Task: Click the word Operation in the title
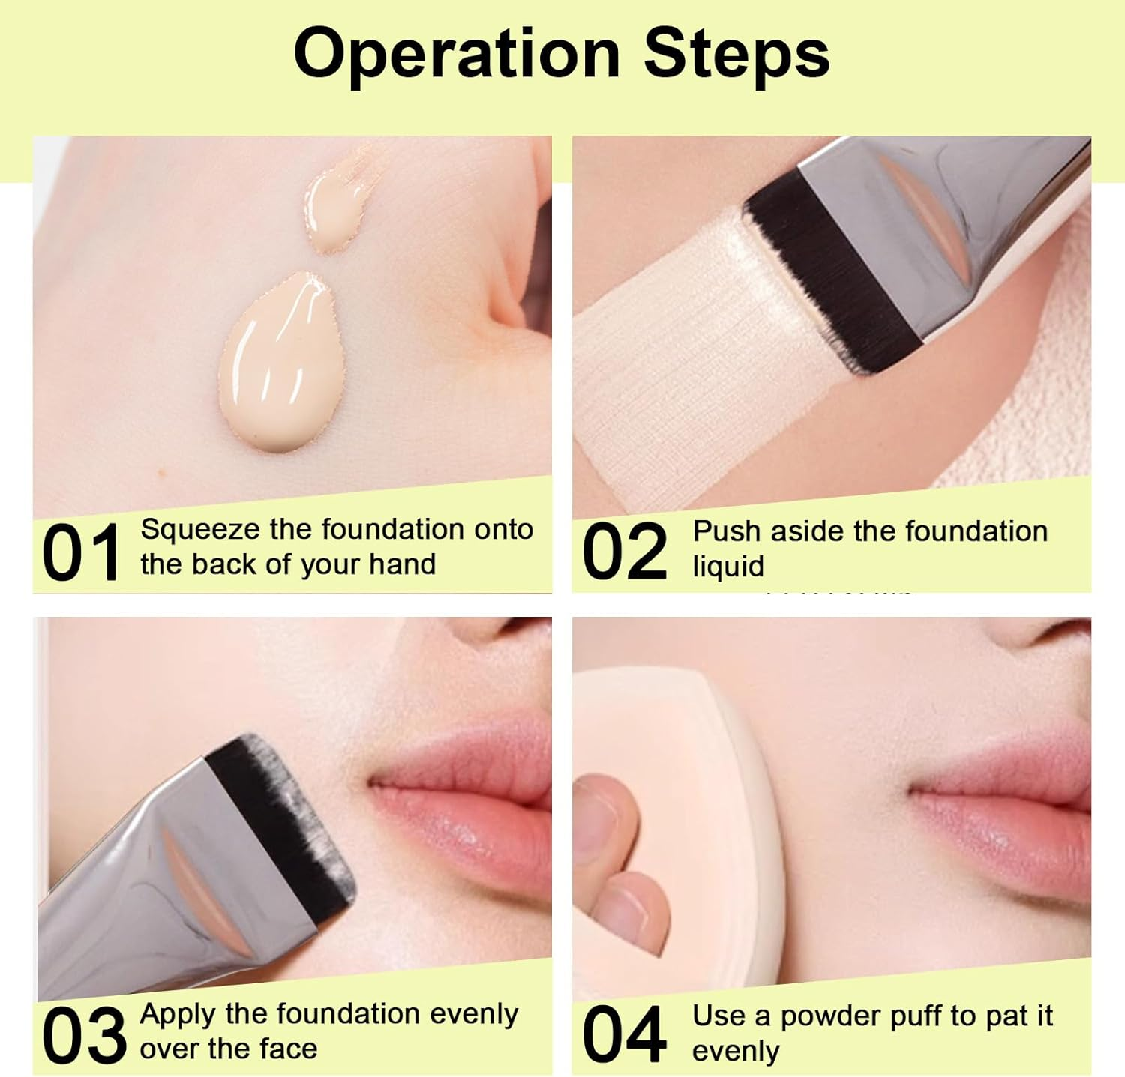457,54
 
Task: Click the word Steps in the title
736,54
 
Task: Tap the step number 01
80,553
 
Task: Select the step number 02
624,553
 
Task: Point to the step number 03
83,1036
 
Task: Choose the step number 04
624,1036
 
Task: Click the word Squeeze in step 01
201,530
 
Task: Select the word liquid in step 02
727,567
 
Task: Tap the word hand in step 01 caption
402,564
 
